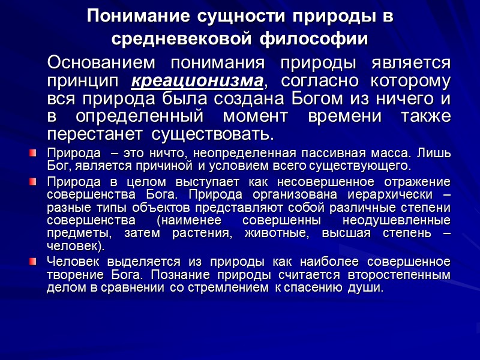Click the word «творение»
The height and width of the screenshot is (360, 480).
coord(70,275)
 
